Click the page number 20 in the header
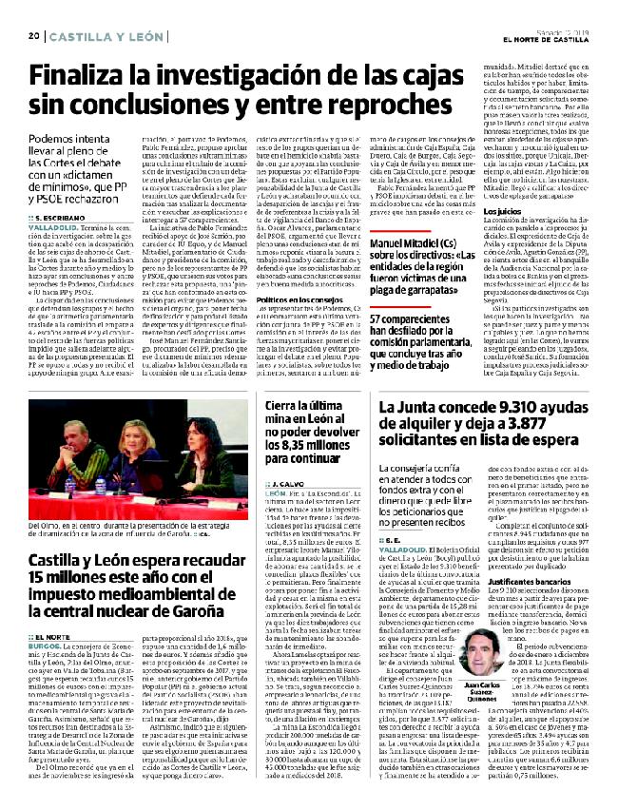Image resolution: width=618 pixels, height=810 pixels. (x=32, y=36)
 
